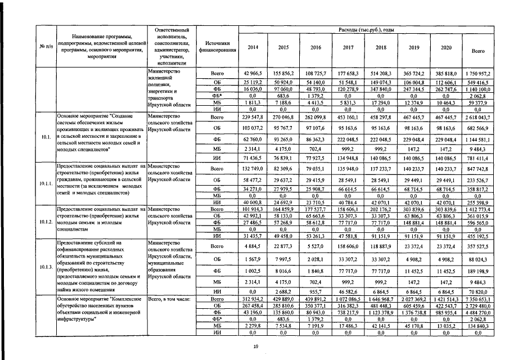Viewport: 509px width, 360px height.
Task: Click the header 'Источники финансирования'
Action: coord(217,47)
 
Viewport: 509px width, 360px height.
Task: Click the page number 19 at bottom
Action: coord(255,347)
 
